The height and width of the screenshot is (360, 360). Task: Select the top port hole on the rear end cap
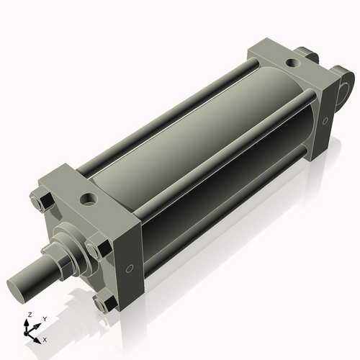point(291,63)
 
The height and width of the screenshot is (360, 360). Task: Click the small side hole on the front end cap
point(129,269)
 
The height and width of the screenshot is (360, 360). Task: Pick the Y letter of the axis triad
point(44,318)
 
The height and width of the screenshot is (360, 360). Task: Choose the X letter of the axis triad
point(45,338)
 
